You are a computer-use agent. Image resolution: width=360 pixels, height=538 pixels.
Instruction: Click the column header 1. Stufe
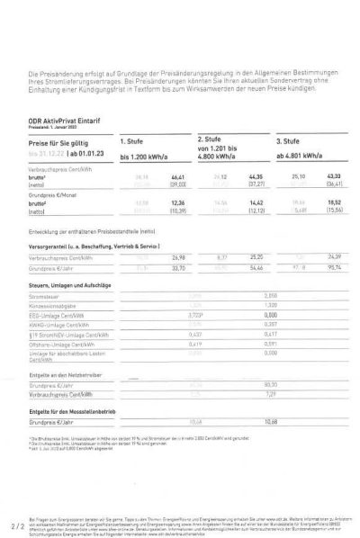click(x=134, y=141)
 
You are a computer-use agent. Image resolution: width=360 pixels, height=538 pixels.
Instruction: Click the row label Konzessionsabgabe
click(x=54, y=305)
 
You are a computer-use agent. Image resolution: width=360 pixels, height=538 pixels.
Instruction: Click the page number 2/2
click(x=14, y=521)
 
